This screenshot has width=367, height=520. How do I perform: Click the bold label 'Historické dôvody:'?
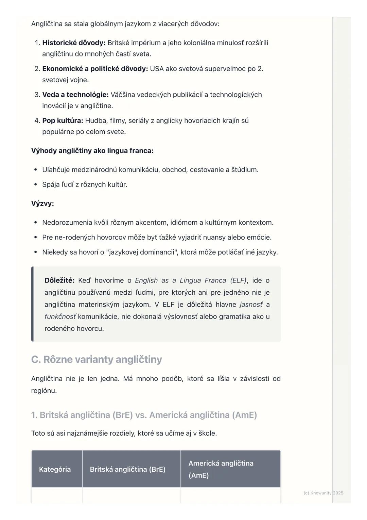[x=74, y=43]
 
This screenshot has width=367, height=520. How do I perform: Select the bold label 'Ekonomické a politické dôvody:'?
[x=95, y=69]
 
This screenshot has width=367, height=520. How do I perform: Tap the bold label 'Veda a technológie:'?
[x=75, y=95]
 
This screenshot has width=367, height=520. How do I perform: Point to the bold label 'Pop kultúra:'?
[x=63, y=120]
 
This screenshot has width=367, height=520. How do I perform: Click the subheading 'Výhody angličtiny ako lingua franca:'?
[x=92, y=151]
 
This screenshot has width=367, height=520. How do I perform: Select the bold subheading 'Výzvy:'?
[x=42, y=204]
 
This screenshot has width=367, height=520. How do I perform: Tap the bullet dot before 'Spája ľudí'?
[x=35, y=185]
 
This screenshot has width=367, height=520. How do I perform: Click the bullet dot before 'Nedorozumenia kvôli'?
[x=35, y=223]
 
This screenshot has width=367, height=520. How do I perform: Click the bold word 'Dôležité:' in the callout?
[x=59, y=280]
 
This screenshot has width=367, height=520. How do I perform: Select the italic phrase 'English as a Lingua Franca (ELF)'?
[x=191, y=280]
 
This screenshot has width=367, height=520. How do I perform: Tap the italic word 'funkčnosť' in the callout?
[x=60, y=316]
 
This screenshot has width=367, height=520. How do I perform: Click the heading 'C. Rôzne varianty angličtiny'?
[x=97, y=359]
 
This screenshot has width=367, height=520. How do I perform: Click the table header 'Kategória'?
[x=55, y=469]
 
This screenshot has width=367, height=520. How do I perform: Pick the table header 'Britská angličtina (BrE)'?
[x=127, y=469]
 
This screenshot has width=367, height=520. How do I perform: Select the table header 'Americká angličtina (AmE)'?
[x=221, y=469]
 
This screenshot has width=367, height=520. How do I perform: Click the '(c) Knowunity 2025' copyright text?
[x=323, y=493]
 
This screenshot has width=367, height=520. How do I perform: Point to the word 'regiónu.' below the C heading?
[x=44, y=391]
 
